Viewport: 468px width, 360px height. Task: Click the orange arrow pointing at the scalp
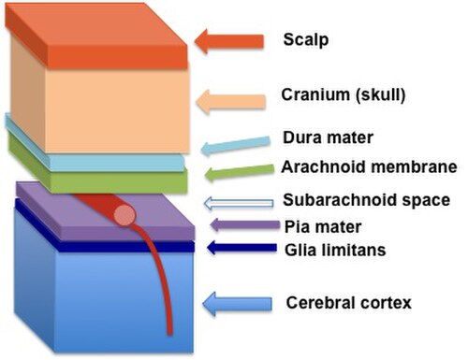pyautogui.click(x=229, y=41)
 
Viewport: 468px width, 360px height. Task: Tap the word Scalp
pyautogui.click(x=306, y=40)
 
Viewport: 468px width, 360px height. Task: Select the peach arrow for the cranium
pyautogui.click(x=231, y=102)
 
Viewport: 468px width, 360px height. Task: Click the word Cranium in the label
pyautogui.click(x=315, y=94)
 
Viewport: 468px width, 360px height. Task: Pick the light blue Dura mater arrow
pyautogui.click(x=236, y=145)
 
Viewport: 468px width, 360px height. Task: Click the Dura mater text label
pyautogui.click(x=328, y=137)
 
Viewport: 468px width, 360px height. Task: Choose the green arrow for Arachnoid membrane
pyautogui.click(x=239, y=172)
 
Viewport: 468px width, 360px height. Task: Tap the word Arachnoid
pyautogui.click(x=324, y=166)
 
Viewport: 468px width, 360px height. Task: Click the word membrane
pyautogui.click(x=414, y=166)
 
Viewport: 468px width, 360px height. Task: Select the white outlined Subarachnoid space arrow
pyautogui.click(x=239, y=203)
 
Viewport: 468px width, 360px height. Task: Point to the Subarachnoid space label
pyautogui.click(x=366, y=200)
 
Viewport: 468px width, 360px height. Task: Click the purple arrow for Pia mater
pyautogui.click(x=245, y=225)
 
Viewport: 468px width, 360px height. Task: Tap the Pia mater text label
pyautogui.click(x=323, y=227)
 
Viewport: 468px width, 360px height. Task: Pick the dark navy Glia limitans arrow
pyautogui.click(x=242, y=248)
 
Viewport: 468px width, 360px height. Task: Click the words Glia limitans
pyautogui.click(x=335, y=251)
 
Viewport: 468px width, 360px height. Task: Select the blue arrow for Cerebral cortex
pyautogui.click(x=237, y=304)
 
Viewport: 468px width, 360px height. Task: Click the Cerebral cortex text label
pyautogui.click(x=349, y=303)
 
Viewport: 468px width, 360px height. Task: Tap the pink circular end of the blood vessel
pyautogui.click(x=124, y=215)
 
